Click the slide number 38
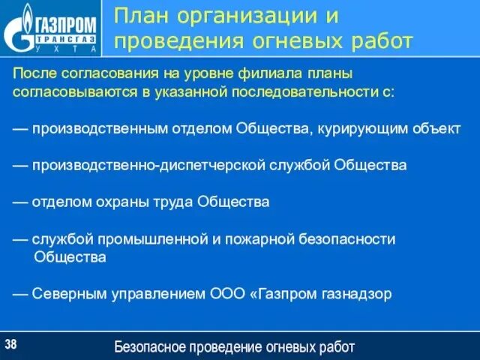[x=11, y=344]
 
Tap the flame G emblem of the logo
[x=19, y=28]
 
